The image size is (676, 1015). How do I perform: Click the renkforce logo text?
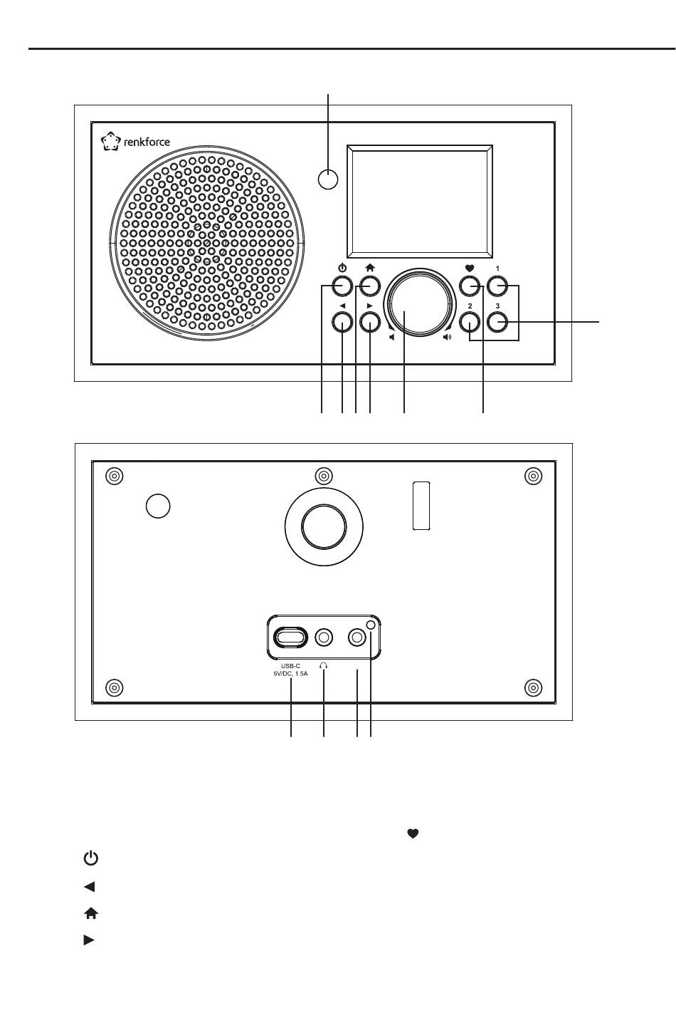click(x=147, y=142)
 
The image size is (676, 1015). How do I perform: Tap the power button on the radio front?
click(x=342, y=286)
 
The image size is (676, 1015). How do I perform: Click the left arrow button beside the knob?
click(x=342, y=323)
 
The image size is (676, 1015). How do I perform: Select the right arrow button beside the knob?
click(x=370, y=323)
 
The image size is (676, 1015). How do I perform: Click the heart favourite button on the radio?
click(x=470, y=286)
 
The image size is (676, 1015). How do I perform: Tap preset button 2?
click(x=470, y=323)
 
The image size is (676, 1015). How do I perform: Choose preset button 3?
click(x=497, y=323)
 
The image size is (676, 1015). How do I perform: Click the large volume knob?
click(x=419, y=303)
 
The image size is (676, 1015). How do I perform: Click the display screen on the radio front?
click(x=420, y=202)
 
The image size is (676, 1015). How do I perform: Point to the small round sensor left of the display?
click(x=328, y=179)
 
